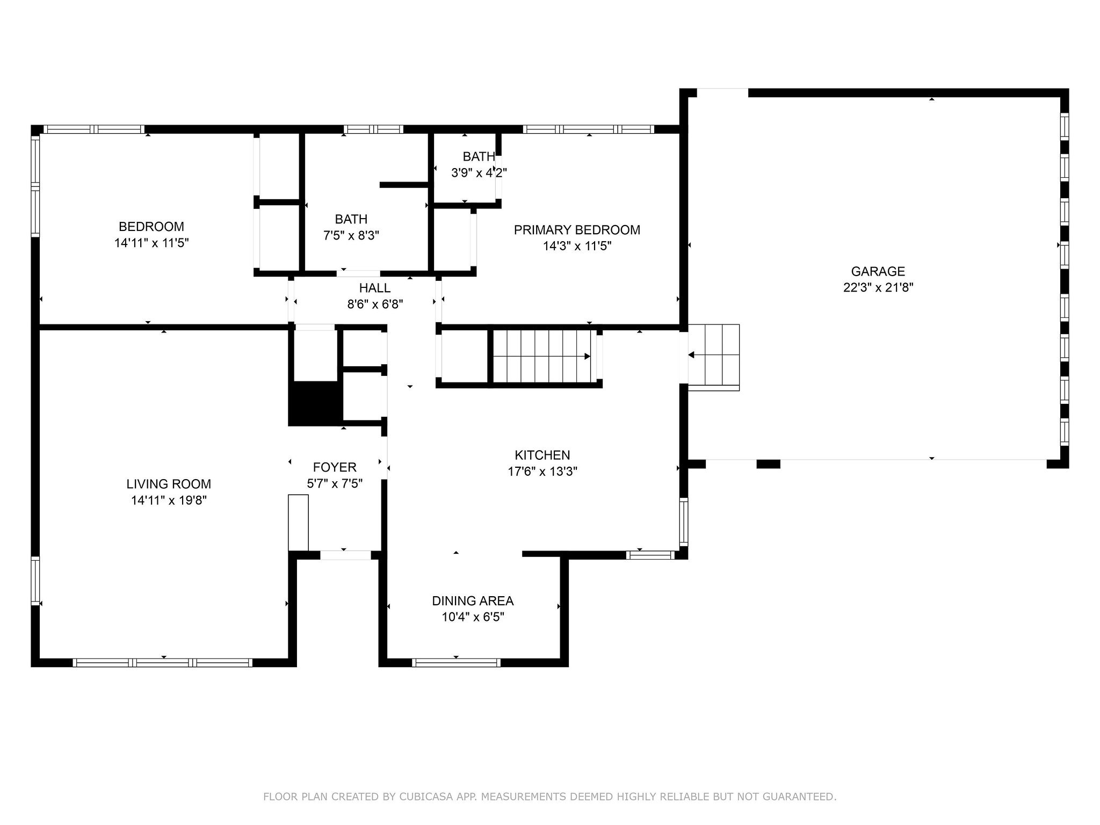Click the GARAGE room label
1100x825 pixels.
coord(878,271)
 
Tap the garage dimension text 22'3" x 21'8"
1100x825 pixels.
coord(878,287)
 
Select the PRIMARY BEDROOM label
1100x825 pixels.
coord(577,230)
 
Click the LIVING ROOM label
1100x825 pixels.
coord(169,484)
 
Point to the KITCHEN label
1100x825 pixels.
coord(542,455)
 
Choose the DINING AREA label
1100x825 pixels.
coord(473,600)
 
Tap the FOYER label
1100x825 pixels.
coord(335,467)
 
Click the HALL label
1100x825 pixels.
coord(375,288)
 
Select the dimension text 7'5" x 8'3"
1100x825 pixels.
coord(351,235)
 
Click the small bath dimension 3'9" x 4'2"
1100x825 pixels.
coord(479,172)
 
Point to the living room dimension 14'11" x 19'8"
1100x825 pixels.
coord(169,500)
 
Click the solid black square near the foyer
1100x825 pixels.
coord(315,404)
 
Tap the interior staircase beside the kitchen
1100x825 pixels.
coord(542,356)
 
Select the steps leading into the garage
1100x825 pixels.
coord(714,357)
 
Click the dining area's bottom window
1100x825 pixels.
coord(456,663)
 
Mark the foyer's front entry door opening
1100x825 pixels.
coord(345,555)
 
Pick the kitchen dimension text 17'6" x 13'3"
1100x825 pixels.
coord(542,471)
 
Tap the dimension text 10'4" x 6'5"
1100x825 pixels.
coord(473,617)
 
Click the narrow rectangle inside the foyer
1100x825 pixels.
coord(299,523)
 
